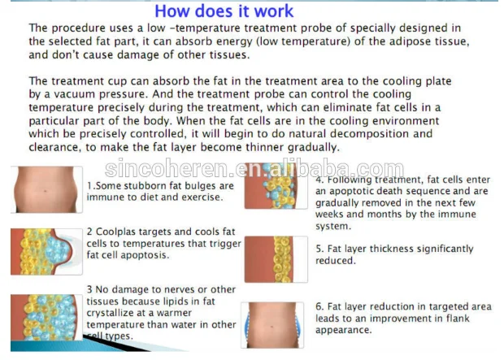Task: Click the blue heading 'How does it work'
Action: pos(224,11)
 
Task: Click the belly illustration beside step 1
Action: pos(46,189)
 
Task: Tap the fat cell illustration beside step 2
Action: pos(46,252)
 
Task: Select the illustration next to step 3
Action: pos(46,318)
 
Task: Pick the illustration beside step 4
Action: pos(276,186)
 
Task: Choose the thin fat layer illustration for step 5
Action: pos(276,259)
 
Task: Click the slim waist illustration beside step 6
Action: pos(272,325)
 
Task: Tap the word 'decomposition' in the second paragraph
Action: pos(369,134)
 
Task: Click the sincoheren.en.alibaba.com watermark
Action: pos(254,168)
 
